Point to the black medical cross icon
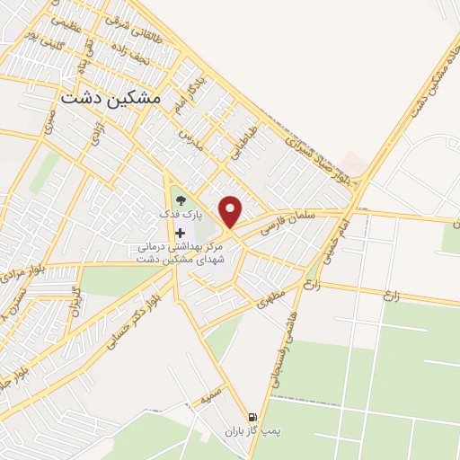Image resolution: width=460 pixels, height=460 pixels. pyautogui.click(x=181, y=233)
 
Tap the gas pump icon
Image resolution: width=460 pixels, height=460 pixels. pyautogui.click(x=252, y=417)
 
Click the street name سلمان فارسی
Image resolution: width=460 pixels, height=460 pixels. pyautogui.click(x=285, y=223)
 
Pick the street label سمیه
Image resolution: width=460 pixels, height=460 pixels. pyautogui.click(x=212, y=393)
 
